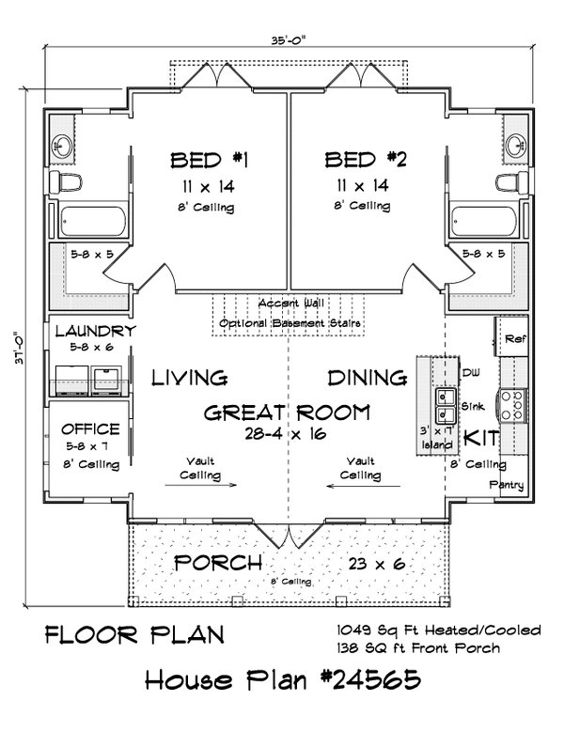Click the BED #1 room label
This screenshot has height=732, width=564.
[209, 160]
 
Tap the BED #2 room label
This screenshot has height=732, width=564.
[366, 159]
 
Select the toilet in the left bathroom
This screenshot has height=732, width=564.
[66, 181]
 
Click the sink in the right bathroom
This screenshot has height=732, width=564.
[516, 144]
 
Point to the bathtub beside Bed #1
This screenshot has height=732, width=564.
[92, 222]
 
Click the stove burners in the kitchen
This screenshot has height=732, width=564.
[511, 405]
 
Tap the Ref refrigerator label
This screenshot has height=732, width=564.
[515, 339]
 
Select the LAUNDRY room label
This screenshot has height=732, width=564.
[95, 332]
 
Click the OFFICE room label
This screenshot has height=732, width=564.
[90, 429]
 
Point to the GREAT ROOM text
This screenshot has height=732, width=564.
[287, 413]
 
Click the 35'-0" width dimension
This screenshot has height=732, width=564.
[290, 40]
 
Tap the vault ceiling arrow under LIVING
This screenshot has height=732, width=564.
[201, 485]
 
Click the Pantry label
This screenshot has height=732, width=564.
[507, 485]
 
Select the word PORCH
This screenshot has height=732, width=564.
[217, 563]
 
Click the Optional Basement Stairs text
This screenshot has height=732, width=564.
[290, 323]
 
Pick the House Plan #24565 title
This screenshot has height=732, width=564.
[283, 679]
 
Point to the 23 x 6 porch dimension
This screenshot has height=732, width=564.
[377, 564]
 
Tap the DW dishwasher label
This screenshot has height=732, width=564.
[471, 372]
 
